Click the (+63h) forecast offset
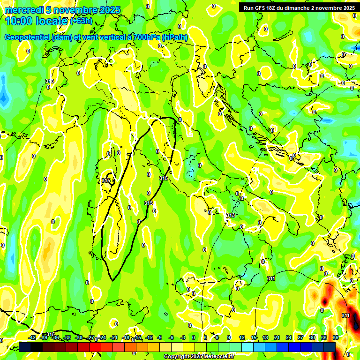pos(82,21)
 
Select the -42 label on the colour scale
pos(32,338)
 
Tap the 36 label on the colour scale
pos(336,338)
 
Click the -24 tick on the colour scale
pos(102,338)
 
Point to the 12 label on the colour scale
pos(242,338)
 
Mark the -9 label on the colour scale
pos(160,338)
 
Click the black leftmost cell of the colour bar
pos(25,346)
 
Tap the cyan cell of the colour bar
pos(247,346)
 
